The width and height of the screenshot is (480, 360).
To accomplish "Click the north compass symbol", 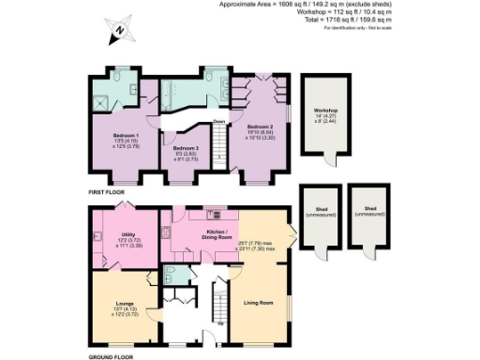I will click(x=118, y=31).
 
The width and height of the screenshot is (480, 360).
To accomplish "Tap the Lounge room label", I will click(x=125, y=304).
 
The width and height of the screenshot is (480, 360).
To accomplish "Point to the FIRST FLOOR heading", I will click(x=107, y=191).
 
